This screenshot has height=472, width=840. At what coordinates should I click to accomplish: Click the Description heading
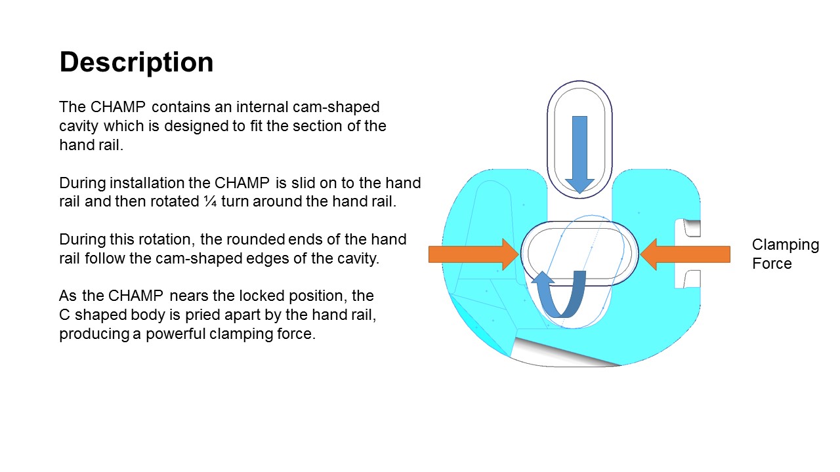pos(136,62)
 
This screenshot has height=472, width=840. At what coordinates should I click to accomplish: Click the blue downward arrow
pos(579,154)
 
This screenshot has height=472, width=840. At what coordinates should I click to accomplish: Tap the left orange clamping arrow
pos(474,254)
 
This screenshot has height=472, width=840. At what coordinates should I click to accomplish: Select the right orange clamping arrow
pos(685,254)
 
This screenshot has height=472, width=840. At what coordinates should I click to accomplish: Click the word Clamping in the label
pos(786,245)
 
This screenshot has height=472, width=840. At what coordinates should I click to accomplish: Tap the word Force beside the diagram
pos(772,264)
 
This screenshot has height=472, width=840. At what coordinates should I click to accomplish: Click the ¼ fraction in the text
pos(211,201)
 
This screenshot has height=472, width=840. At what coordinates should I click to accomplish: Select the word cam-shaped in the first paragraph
pos(336,107)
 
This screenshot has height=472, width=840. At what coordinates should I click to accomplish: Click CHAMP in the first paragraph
pos(117,107)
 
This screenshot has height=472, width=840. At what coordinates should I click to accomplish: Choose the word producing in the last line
pos(94,334)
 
